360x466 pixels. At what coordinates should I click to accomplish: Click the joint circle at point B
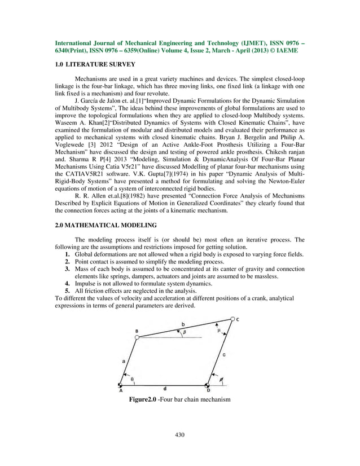tap(137, 337)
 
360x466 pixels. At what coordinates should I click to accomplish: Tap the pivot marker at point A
tap(121, 384)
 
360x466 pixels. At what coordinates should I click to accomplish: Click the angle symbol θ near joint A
tap(132, 379)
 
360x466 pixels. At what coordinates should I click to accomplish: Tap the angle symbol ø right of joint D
tap(221, 380)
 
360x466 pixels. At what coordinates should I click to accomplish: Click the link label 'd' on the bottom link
tap(164, 389)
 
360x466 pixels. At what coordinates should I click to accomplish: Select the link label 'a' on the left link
tap(124, 359)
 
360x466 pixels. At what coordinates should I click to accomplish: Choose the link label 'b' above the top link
tap(182, 323)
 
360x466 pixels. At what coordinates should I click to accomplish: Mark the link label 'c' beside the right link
tap(224, 355)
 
